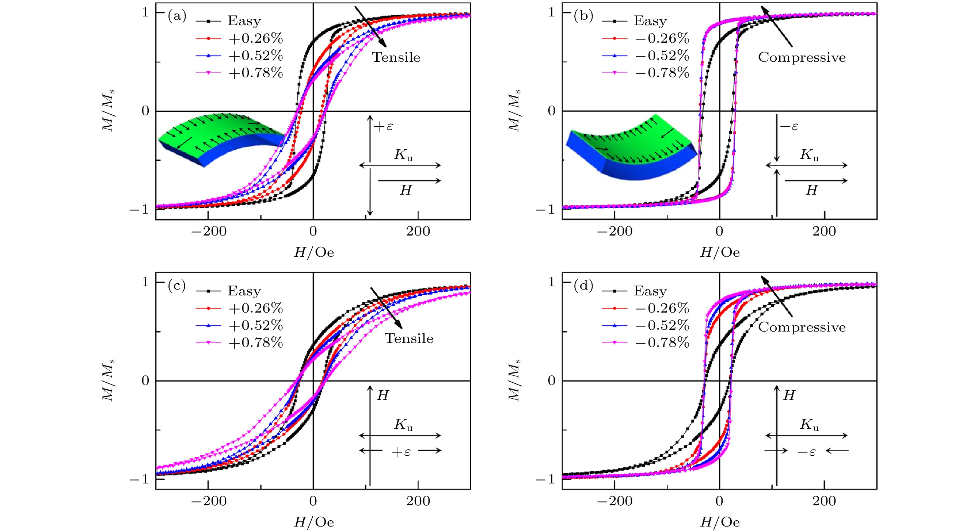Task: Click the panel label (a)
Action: [177, 16]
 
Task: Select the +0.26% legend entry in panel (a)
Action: [255, 38]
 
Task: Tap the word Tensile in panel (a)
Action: [396, 57]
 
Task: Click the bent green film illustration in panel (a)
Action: [220, 138]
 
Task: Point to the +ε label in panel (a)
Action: [384, 126]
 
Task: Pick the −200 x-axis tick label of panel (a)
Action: [209, 231]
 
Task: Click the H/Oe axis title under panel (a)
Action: [313, 252]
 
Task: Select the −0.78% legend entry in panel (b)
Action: [662, 72]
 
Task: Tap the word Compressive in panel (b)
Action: [802, 57]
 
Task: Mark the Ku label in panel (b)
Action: [810, 155]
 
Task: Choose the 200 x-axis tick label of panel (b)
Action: [824, 231]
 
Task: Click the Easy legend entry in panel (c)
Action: [244, 291]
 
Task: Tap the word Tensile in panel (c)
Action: [409, 338]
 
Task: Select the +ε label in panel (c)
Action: [401, 452]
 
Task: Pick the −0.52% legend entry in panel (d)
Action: [662, 325]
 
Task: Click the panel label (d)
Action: [583, 286]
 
